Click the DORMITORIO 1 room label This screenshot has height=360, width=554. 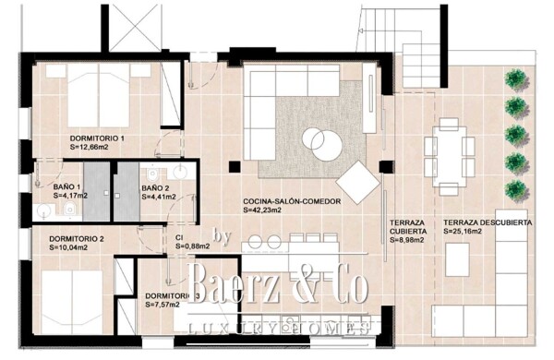97,138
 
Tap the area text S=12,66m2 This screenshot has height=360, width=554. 97,147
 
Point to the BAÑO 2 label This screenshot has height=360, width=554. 155,187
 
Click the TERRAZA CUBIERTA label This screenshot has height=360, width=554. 407,228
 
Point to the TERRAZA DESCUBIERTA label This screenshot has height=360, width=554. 487,223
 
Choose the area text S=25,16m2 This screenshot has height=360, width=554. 468,233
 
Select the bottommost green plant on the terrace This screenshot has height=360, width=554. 517,190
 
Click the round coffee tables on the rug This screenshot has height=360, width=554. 319,141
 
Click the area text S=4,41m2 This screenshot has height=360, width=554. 155,197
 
